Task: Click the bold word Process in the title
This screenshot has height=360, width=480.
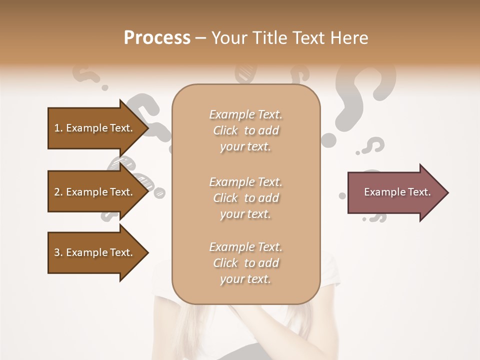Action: (157, 38)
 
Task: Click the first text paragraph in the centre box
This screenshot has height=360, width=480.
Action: (245, 130)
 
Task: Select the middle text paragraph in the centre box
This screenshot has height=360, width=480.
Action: (245, 198)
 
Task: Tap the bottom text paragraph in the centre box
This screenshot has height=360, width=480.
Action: (245, 263)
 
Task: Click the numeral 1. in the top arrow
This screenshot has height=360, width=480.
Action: (58, 128)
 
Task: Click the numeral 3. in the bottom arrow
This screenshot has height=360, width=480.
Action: (58, 252)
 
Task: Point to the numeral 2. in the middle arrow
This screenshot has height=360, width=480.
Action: (58, 192)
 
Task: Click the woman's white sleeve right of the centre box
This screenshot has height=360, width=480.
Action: (330, 270)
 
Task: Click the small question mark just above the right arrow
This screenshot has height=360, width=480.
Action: (372, 146)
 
